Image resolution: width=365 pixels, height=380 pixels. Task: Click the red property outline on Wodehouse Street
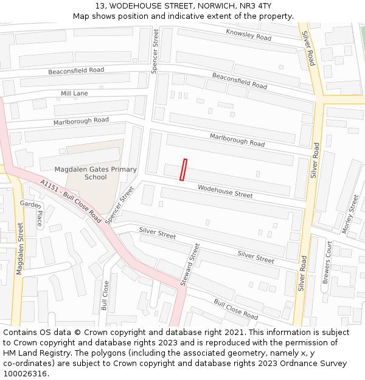click(x=183, y=170)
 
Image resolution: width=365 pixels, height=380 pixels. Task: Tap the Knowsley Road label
click(x=248, y=35)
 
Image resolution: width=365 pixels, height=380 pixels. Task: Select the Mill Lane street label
click(x=74, y=94)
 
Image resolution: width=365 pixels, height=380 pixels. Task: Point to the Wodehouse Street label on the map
click(x=225, y=192)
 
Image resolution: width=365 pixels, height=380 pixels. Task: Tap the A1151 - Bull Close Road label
click(x=71, y=200)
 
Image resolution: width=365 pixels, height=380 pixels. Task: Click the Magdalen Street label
click(x=20, y=249)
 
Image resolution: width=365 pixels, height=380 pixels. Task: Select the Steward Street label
click(x=190, y=265)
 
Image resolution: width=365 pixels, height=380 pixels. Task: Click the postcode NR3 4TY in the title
click(x=263, y=5)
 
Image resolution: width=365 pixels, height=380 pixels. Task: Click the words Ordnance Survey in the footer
click(x=316, y=364)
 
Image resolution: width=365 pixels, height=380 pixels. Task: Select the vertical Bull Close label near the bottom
click(x=105, y=295)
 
